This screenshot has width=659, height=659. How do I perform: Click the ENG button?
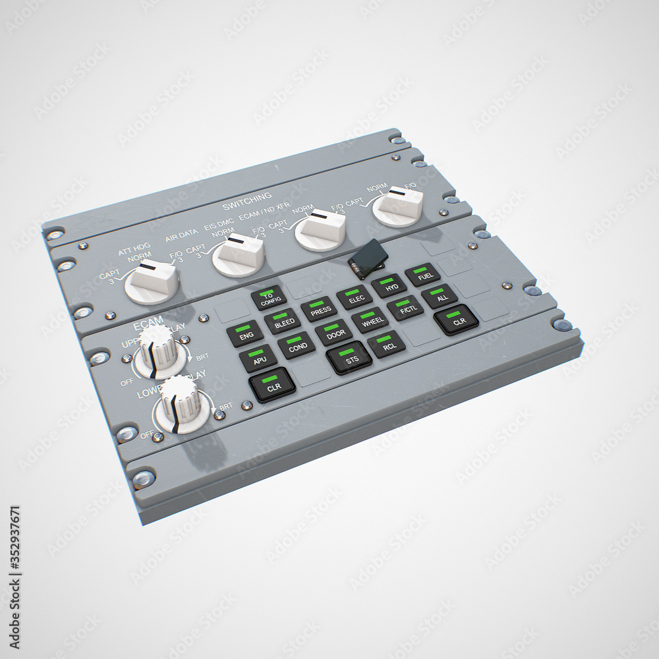pos(245,333)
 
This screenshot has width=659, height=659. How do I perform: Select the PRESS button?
pos(320,309)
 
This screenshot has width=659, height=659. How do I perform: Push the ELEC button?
pos(355,297)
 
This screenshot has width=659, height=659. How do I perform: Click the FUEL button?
pos(422,275)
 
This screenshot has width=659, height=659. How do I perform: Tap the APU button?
pos(258,358)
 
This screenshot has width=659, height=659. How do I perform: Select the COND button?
pos(296,345)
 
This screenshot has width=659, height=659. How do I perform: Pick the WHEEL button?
pos(370,320)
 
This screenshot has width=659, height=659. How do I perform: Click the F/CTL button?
pos(405,308)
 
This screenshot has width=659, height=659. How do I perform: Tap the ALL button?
pos(440,296)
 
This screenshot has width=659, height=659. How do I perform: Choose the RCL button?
pos(387,344)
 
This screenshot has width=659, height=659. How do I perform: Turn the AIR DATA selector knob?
pos(238,255)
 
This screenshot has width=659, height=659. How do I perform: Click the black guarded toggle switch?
pos(368,259)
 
